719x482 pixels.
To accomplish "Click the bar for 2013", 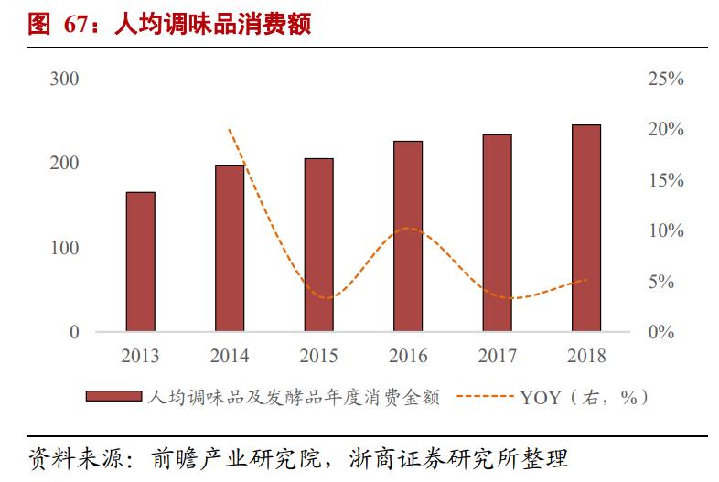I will (140, 262).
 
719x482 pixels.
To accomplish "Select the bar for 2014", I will (230, 248).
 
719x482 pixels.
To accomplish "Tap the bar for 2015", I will (318, 244).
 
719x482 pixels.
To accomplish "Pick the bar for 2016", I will (408, 236).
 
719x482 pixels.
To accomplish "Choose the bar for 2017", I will (497, 232).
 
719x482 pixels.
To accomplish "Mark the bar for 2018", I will (586, 228).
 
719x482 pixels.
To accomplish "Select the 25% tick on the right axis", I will (665, 80).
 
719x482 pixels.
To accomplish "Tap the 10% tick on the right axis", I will (665, 230).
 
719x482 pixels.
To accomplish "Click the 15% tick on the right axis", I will (665, 180).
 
